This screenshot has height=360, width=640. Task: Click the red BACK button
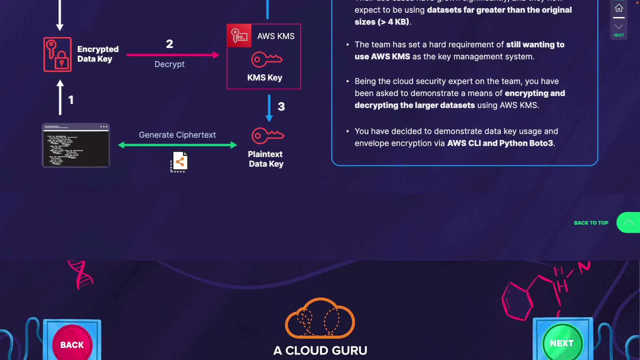click(x=72, y=344)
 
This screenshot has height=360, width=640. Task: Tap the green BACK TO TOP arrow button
click(x=628, y=222)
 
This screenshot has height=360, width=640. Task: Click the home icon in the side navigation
click(x=619, y=8)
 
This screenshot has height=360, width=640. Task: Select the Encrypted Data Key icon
click(x=57, y=54)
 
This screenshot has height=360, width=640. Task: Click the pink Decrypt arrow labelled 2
click(x=173, y=55)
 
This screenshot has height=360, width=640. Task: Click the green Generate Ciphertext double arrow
click(x=177, y=145)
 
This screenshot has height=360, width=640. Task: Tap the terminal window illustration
click(x=76, y=145)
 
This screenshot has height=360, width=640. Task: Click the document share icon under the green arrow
click(x=179, y=162)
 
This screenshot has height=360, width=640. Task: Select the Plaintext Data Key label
click(x=266, y=159)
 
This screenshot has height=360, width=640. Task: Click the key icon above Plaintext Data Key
click(x=268, y=135)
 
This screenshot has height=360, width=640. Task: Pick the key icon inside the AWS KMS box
click(x=267, y=60)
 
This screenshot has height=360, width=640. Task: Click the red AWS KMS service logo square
click(x=239, y=36)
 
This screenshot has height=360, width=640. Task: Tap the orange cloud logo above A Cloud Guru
click(x=320, y=318)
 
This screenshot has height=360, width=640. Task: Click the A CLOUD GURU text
click(x=320, y=350)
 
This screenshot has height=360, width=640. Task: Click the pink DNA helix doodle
click(x=81, y=274)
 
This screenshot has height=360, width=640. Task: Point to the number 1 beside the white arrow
click(x=71, y=100)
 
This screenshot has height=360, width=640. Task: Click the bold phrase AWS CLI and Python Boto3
click(x=500, y=143)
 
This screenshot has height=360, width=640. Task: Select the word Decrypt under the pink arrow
click(x=169, y=64)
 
